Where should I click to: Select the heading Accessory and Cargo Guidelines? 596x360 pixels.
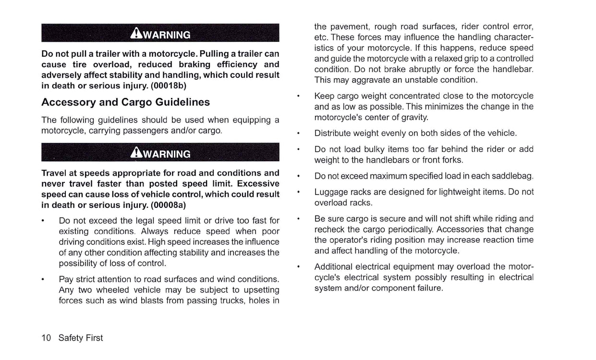(125, 102)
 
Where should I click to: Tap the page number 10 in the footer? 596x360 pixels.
(46, 338)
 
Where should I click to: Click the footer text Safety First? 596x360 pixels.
(81, 338)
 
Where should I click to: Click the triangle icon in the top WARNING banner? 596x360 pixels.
(135, 34)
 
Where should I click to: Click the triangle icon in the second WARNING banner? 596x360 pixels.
(135, 153)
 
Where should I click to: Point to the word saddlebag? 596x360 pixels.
(513, 176)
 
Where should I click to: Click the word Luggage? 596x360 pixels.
(331, 192)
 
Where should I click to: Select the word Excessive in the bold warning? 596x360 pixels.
(258, 184)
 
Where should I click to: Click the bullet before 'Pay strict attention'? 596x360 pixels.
(43, 279)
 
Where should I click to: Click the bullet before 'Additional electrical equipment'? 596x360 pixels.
(299, 266)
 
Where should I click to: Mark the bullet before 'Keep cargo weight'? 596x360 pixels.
(299, 96)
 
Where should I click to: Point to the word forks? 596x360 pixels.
(451, 160)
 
